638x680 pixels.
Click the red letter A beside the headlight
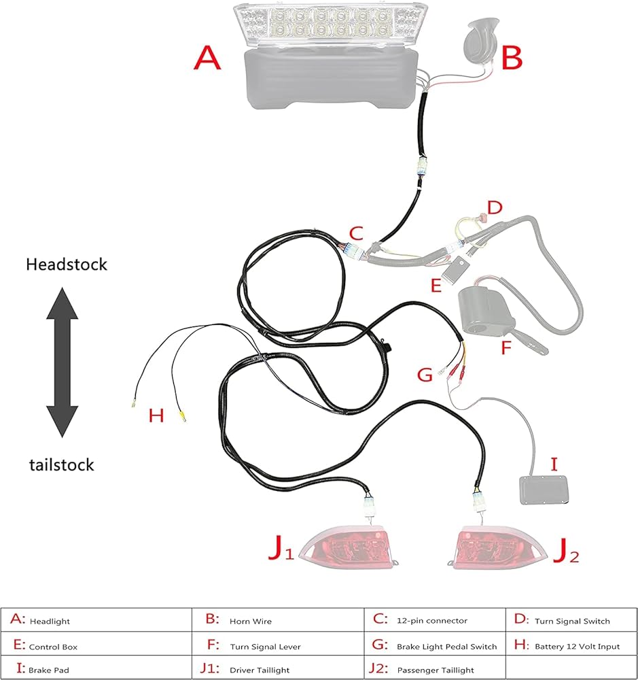coord(207,58)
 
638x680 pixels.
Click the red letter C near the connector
coord(356,234)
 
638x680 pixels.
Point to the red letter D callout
coord(495,207)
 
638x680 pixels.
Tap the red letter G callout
coord(425,375)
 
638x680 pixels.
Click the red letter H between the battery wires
coord(156,415)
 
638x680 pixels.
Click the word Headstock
coord(67,265)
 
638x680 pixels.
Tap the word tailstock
coord(62,465)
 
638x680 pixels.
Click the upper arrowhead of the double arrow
coord(63,303)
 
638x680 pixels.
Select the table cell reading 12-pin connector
coord(435,619)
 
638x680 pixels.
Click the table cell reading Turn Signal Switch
coord(571,619)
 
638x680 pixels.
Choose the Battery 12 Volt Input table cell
coord(571,646)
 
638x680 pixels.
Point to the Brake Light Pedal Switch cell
coord(435,646)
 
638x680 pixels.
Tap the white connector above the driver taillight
coord(369,506)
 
